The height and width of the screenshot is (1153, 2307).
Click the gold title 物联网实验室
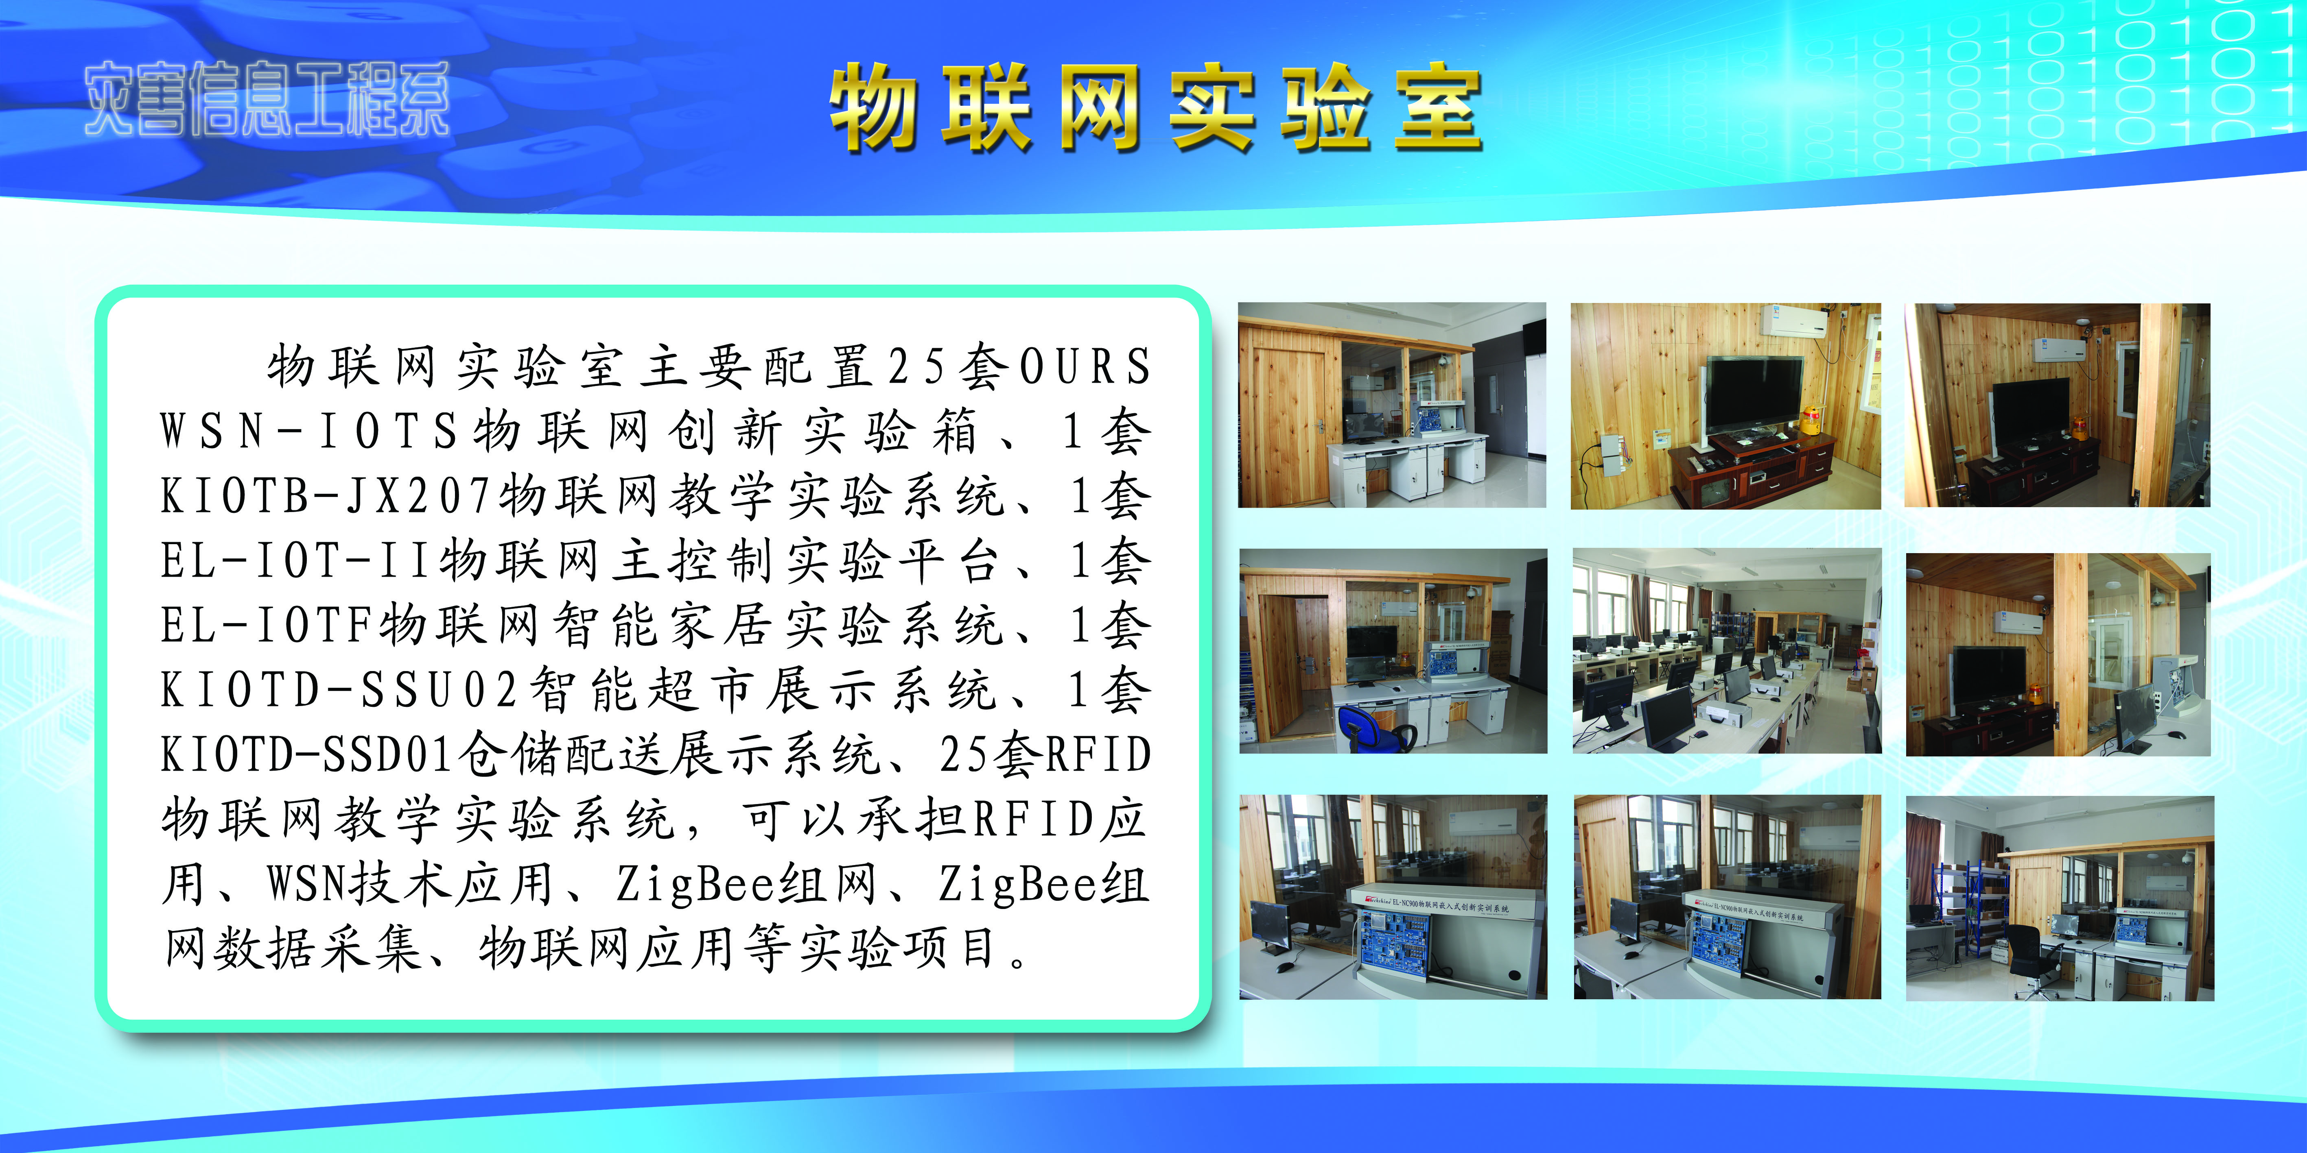pyautogui.click(x=1155, y=107)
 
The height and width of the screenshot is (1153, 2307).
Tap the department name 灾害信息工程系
pyautogui.click(x=267, y=99)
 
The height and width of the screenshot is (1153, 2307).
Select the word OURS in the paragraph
pyautogui.click(x=1085, y=366)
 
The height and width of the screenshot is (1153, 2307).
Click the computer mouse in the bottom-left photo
pyautogui.click(x=1284, y=967)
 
